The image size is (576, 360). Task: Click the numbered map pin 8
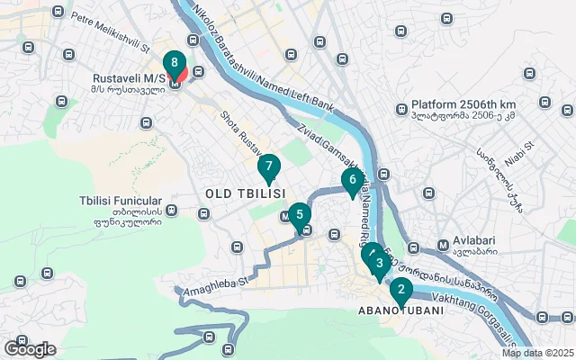(175, 64)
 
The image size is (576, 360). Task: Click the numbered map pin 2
(400, 290)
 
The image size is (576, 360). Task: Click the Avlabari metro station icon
(443, 245)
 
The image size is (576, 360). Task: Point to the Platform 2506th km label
(463, 104)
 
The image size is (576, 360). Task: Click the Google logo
(30, 349)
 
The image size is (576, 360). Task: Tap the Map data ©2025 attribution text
(537, 353)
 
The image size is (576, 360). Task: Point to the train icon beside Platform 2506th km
(402, 110)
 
